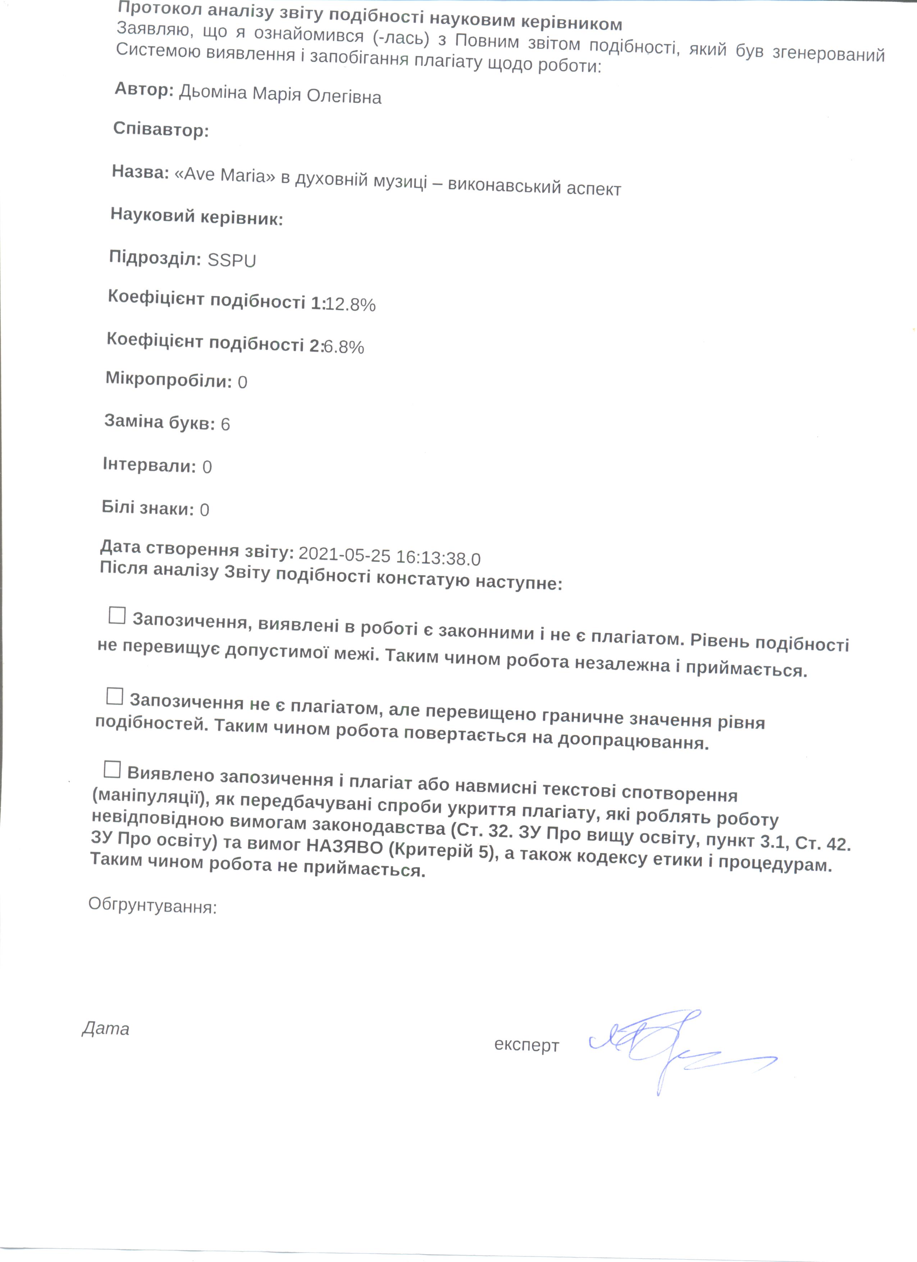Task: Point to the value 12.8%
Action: pyautogui.click(x=351, y=305)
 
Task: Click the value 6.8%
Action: pyautogui.click(x=344, y=347)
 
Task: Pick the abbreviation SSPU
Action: pyautogui.click(x=232, y=260)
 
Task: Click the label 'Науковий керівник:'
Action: pyautogui.click(x=196, y=216)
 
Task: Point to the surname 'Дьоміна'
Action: pyautogui.click(x=213, y=92)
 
